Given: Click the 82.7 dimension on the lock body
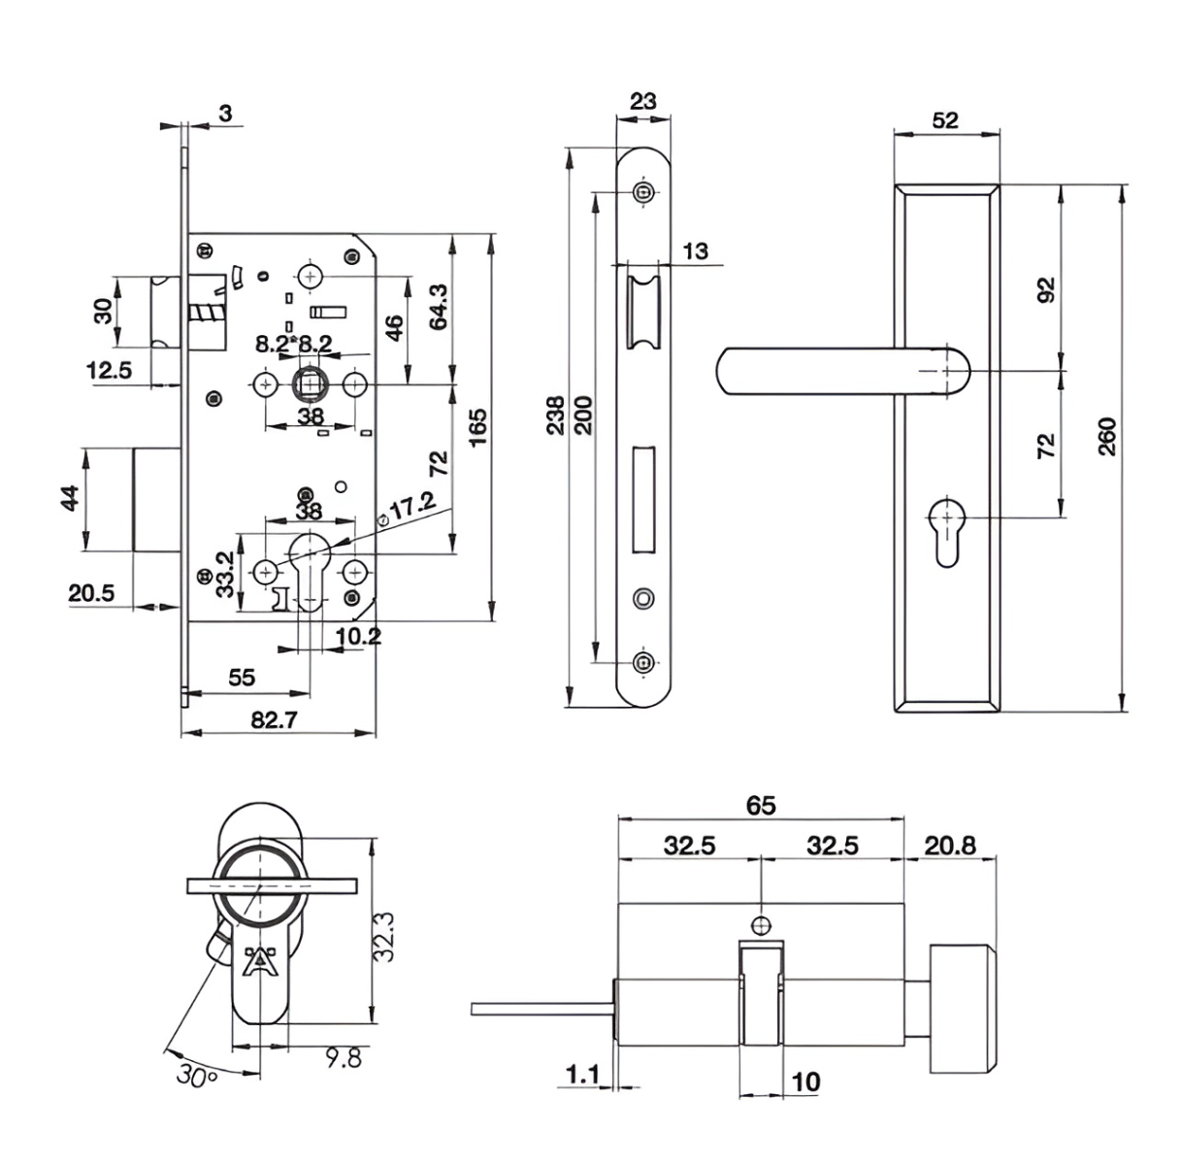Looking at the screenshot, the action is tap(274, 719).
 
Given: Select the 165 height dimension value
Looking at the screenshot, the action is tap(477, 427).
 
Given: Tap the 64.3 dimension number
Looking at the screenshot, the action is tap(439, 307).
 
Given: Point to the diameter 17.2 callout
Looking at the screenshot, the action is tap(409, 508).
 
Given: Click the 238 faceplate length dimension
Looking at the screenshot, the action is tap(555, 416).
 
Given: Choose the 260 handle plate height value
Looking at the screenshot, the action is tap(1107, 436).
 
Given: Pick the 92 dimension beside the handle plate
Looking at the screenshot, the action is tap(1047, 289).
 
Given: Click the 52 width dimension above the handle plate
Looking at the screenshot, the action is tap(945, 119).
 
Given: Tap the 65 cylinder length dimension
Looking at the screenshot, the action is tap(761, 805).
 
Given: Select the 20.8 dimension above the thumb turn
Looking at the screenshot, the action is tap(950, 847).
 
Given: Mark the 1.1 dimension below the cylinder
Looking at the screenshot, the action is tap(582, 1075).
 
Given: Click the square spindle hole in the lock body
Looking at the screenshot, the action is tap(312, 384).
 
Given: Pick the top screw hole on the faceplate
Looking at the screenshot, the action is tap(642, 193).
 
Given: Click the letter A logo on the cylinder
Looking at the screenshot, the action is tap(260, 961).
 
